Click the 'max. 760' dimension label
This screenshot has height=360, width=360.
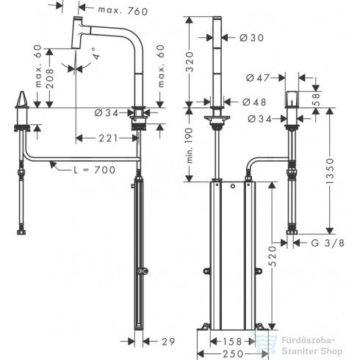pos(123,11)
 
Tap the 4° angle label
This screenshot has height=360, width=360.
pos(96,54)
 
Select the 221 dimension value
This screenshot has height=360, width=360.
pos(109,138)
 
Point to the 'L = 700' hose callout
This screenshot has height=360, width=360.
pos(95,170)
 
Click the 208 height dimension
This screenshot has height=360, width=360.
pos(50,79)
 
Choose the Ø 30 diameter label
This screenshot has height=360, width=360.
pos(251,37)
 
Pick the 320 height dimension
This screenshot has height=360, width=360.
pos(190,62)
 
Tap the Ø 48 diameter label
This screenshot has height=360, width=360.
pos(254,102)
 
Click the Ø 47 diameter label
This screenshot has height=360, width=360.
pos(258,78)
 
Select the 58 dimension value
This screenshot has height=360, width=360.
pos(317,98)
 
